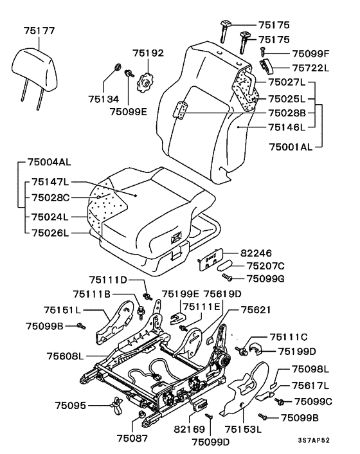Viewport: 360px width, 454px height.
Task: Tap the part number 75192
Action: point(148,53)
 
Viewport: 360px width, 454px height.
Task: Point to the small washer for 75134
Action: point(118,68)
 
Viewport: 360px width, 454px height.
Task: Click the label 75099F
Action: point(310,54)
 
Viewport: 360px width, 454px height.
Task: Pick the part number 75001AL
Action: point(291,147)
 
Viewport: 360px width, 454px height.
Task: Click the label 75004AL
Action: point(50,162)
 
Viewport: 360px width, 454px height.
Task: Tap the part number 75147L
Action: point(50,182)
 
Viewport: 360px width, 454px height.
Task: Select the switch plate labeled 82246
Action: point(210,259)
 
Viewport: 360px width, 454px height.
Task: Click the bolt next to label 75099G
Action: point(227,277)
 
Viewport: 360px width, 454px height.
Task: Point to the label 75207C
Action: point(265,266)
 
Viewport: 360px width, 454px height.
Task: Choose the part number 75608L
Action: point(65,356)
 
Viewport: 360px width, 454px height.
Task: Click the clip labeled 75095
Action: point(116,404)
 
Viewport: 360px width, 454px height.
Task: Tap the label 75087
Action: point(132,439)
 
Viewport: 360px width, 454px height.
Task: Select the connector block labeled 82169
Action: point(200,404)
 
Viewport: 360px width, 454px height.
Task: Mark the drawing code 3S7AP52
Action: point(314,440)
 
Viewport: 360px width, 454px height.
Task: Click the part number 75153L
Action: point(243,429)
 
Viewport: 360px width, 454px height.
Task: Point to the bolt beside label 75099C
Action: point(280,401)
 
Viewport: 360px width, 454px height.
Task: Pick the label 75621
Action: point(256,310)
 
